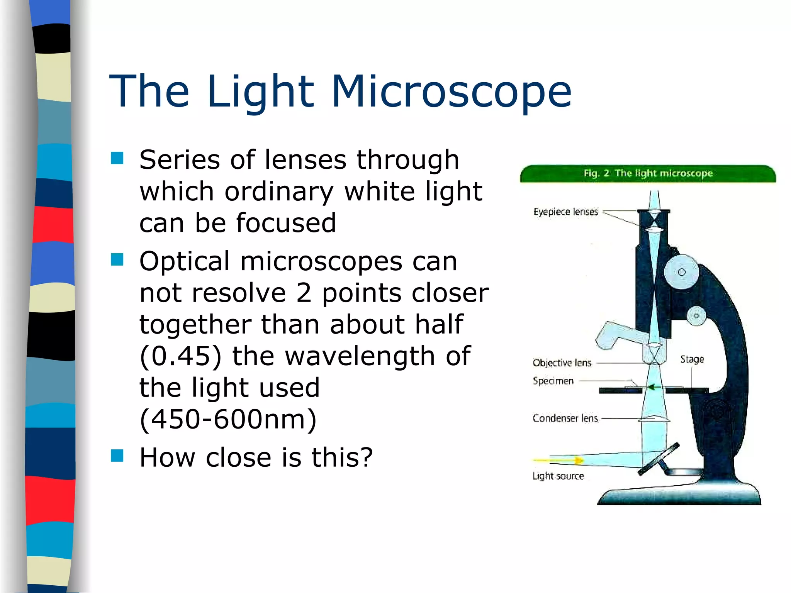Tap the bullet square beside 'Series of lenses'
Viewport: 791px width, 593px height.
(x=117, y=158)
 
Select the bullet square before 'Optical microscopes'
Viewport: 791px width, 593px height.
(x=117, y=260)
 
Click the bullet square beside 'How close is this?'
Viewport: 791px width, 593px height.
(x=117, y=456)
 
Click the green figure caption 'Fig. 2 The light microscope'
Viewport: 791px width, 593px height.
(x=648, y=173)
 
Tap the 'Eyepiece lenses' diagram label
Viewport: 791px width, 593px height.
(x=565, y=212)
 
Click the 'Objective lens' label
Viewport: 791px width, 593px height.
(x=562, y=363)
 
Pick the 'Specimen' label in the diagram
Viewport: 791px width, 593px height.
(x=553, y=381)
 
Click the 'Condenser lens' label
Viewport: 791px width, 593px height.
(x=565, y=418)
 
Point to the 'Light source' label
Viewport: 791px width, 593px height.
(x=558, y=476)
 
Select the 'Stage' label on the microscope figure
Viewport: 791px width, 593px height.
(x=692, y=359)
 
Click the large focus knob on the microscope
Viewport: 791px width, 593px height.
(x=682, y=272)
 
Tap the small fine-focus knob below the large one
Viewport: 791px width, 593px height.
(x=696, y=316)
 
